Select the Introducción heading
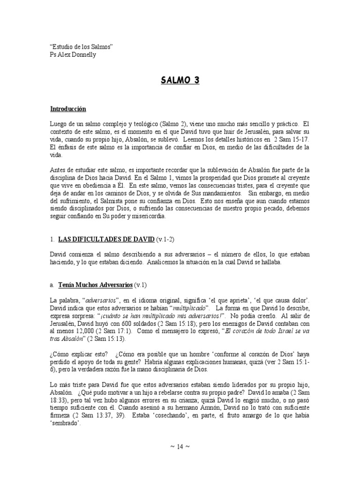[x=68, y=108]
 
